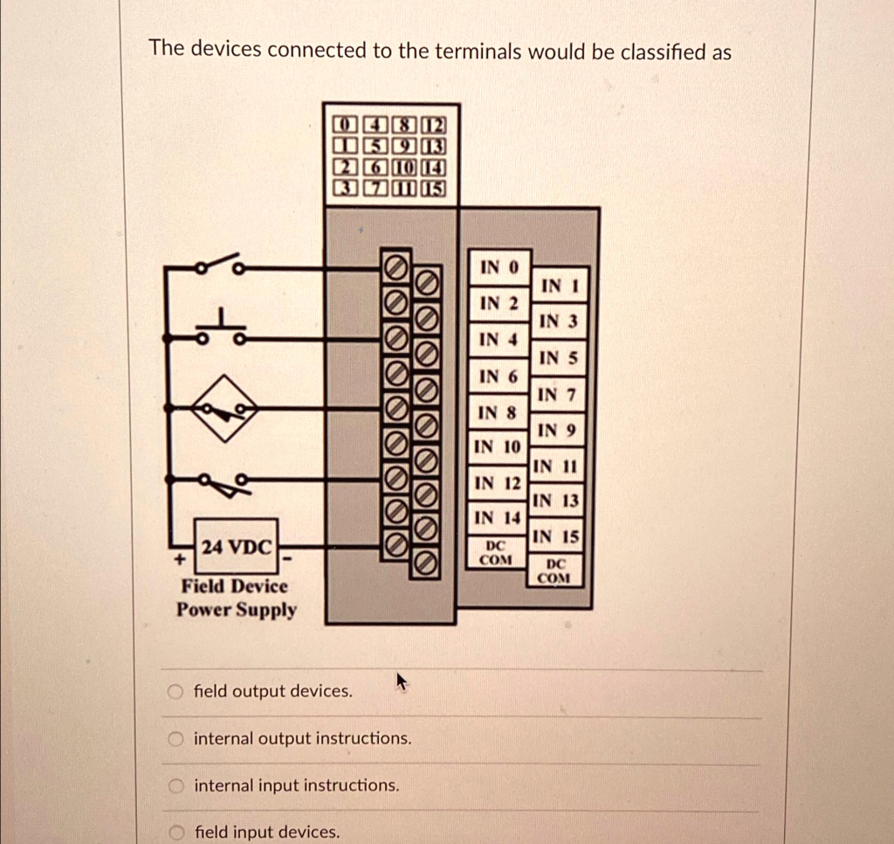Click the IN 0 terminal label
pos(499,266)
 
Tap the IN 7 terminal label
pos(557,394)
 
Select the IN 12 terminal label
pos(497,483)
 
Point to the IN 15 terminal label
pos(556,536)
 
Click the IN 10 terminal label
pos(496,447)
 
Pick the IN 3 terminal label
pos(558,322)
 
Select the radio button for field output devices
pos(176,692)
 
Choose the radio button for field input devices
pos(176,832)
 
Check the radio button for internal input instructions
pos(176,786)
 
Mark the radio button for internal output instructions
pos(176,739)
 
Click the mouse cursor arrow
pos(401,681)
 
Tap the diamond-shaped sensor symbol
pos(225,407)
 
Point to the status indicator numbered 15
pos(434,188)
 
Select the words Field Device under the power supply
pos(234,586)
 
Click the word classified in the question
pos(661,52)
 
